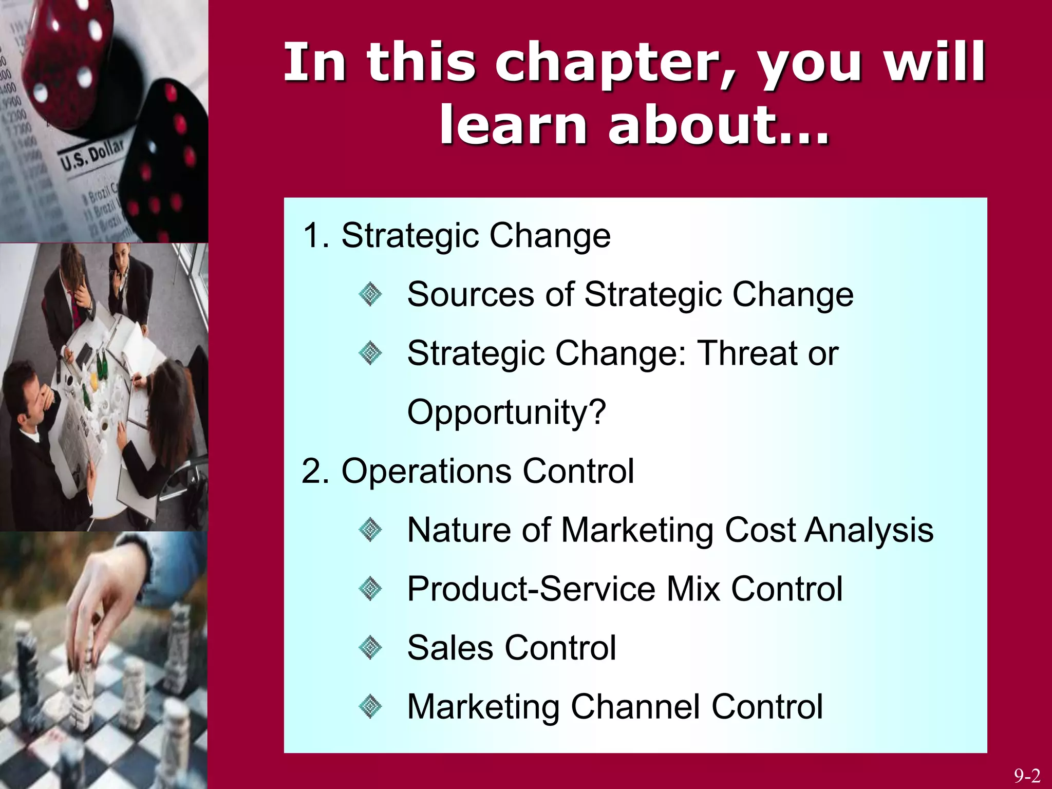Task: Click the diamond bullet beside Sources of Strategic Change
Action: tap(370, 295)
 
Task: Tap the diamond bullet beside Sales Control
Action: tap(370, 648)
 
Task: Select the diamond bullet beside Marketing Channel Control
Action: tap(370, 707)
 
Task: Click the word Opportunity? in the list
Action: tap(506, 412)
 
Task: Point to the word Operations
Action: tap(426, 471)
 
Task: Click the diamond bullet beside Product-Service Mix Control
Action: tap(370, 589)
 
